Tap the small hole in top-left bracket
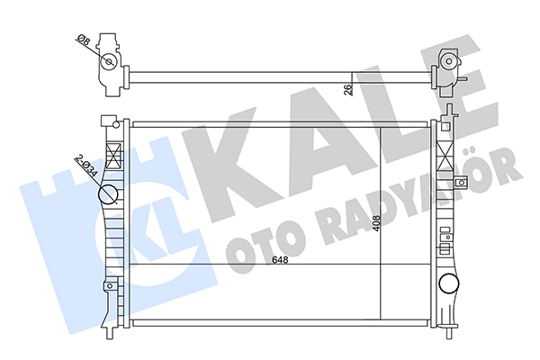[x=110, y=62]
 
